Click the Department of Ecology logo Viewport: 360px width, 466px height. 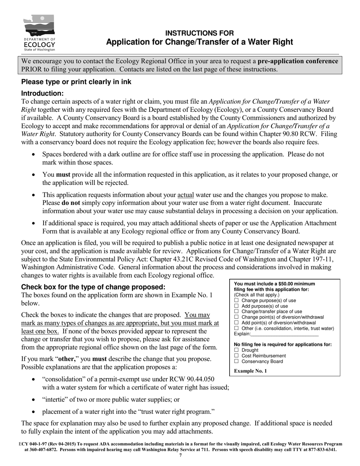tap(39, 33)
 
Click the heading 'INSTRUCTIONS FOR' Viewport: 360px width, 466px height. tap(199, 33)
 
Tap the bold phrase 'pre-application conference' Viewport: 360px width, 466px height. tap(298, 61)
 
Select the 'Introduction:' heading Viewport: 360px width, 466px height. tap(42, 93)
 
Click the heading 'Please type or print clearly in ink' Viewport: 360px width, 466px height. tap(76, 82)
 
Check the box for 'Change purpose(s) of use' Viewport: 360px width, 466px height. tap(237, 300)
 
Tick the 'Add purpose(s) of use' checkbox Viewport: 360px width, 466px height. tap(237, 306)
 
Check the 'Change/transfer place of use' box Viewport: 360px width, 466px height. tap(237, 311)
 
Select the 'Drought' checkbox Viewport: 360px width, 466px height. tap(237, 350)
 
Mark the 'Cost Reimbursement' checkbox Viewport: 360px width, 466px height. tap(237, 356)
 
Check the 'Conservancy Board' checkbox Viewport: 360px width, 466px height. tap(237, 361)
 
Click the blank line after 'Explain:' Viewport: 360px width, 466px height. tap(285, 334)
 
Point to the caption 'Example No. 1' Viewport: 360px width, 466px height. tap(250, 371)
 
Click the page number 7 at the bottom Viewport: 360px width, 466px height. tap(180, 455)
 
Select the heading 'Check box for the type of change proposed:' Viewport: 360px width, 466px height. tap(93, 286)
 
